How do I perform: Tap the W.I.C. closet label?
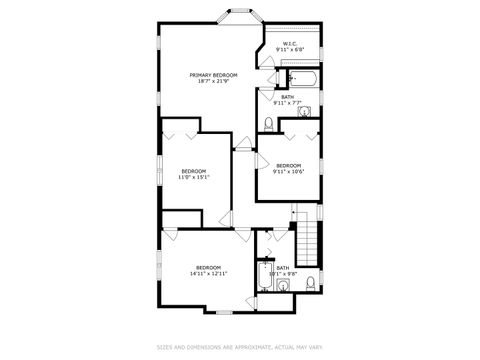[x=290, y=44]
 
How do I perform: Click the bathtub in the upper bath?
[x=301, y=79]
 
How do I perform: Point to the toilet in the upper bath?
[x=268, y=123]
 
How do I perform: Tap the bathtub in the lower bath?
[x=265, y=278]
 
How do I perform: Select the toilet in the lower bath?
[x=311, y=281]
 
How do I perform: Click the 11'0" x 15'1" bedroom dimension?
[x=193, y=178]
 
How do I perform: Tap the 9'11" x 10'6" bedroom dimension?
[x=288, y=171]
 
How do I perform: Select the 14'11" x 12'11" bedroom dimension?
[x=208, y=273]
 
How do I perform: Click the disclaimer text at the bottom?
[x=239, y=348]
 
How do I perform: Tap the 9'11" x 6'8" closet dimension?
[x=290, y=50]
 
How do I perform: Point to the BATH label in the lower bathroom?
[x=283, y=267]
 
